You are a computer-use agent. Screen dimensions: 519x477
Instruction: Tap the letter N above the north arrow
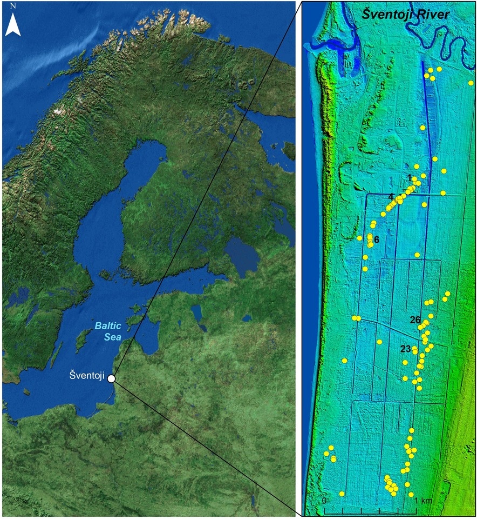(13, 6)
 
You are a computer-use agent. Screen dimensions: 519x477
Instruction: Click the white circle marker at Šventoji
(111, 378)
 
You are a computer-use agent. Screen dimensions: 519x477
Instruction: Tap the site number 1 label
(410, 177)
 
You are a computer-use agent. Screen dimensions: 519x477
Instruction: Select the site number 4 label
(390, 196)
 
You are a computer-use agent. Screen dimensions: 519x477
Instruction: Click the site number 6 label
(377, 239)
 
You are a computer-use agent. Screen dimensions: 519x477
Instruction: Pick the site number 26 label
(415, 320)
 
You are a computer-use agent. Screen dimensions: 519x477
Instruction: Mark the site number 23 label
(406, 349)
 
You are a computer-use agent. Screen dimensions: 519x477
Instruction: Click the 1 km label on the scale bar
(424, 501)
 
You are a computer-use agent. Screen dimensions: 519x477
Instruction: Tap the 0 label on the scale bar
(324, 501)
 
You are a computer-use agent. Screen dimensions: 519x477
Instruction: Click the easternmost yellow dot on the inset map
(471, 83)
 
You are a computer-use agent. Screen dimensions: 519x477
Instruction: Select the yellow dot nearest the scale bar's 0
(342, 494)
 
